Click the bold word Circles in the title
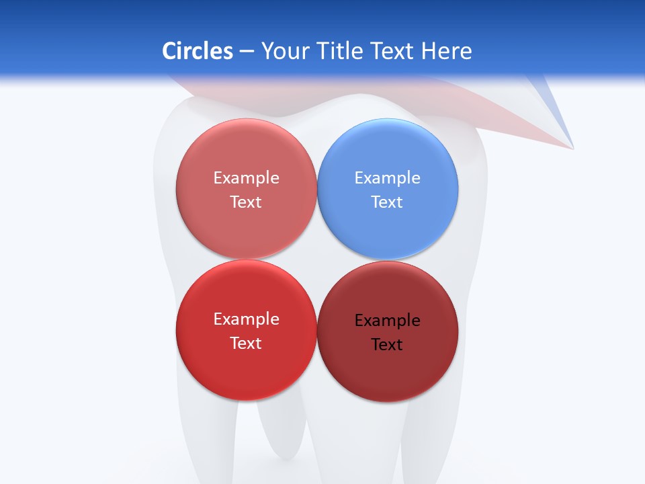point(197,51)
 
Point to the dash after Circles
point(247,52)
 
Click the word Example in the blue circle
point(387,178)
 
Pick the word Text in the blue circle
point(387,202)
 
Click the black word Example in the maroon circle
point(387,321)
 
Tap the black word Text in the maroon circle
point(387,345)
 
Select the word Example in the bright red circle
point(246,319)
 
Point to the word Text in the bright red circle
point(246,344)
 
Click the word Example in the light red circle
point(246,178)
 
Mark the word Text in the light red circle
point(246,202)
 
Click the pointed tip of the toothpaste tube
point(572,147)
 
